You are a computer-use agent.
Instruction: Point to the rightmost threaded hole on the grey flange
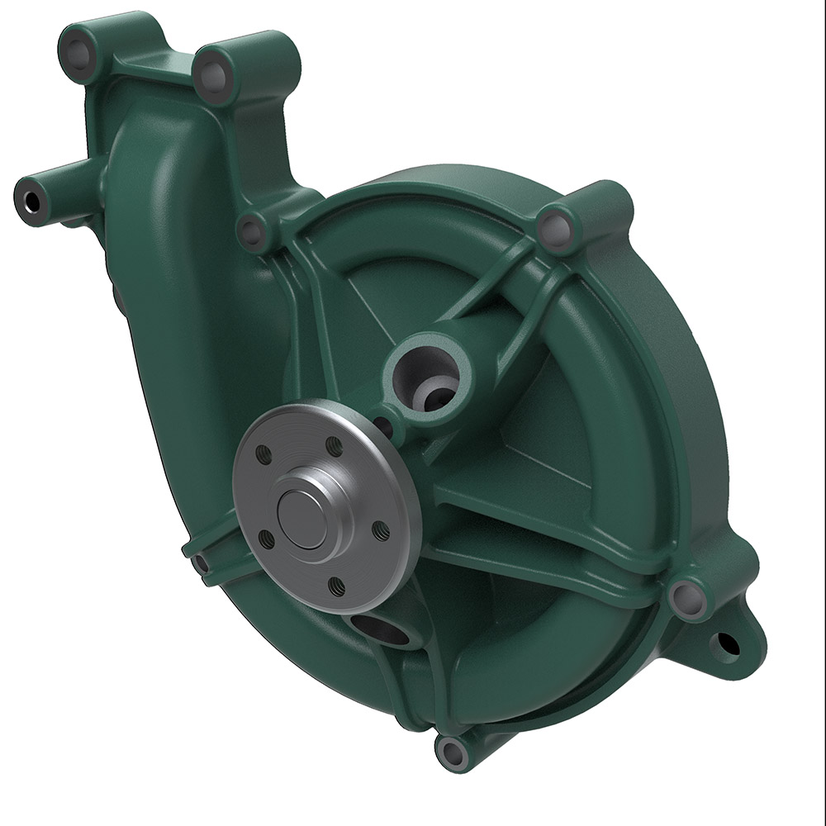381,530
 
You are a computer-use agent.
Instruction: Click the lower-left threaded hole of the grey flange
266,539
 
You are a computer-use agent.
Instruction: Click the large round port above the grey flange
425,376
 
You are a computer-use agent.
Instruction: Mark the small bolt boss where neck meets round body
252,232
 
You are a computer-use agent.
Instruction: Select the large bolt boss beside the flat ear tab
687,596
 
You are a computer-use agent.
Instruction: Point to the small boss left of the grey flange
201,563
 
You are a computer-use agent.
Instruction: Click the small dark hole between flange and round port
383,425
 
